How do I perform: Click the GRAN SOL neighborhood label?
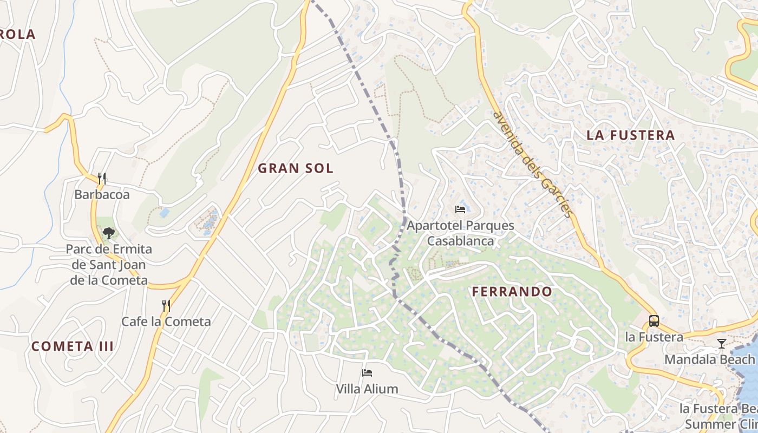point(295,168)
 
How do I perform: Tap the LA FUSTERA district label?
point(631,135)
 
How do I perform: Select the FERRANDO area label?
point(512,292)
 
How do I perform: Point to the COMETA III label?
point(73,346)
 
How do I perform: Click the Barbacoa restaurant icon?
point(101,178)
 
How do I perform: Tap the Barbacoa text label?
point(102,195)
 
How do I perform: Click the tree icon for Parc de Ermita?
point(109,233)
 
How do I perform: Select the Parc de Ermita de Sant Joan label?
point(109,265)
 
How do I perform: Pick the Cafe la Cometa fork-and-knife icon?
point(166,306)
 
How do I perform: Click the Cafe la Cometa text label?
point(166,322)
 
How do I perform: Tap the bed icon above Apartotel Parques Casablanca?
point(460,209)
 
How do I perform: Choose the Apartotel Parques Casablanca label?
point(460,233)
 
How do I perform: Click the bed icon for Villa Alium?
point(367,372)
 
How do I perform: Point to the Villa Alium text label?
point(367,389)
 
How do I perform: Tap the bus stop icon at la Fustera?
point(654,320)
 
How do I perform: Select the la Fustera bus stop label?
point(654,337)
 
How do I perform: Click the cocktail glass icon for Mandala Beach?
point(721,343)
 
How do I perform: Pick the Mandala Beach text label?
point(709,359)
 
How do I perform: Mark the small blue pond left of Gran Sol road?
point(164,213)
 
